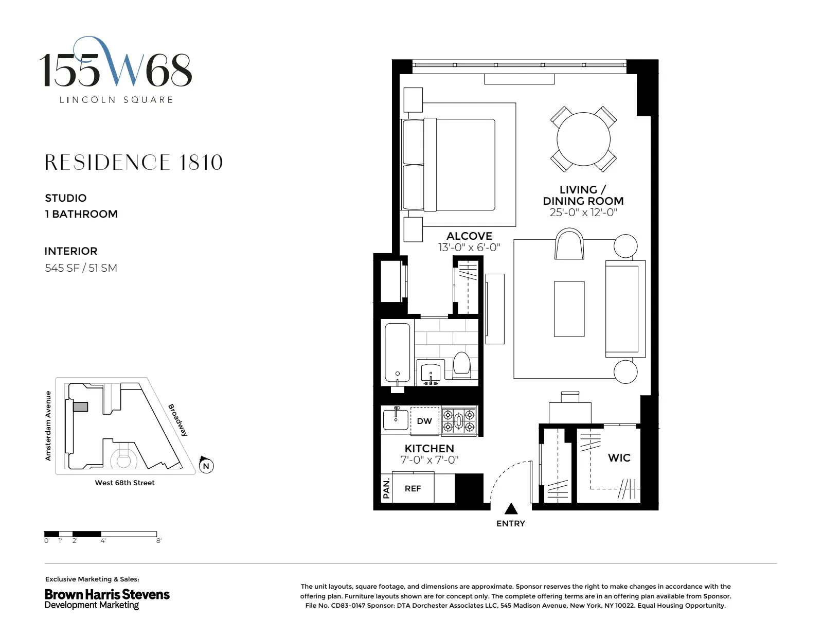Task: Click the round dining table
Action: click(x=583, y=139)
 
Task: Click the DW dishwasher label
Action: click(x=424, y=421)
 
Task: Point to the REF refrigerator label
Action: click(x=413, y=488)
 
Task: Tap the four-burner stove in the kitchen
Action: click(x=459, y=421)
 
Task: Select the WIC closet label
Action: click(x=619, y=457)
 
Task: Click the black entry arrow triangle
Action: click(x=511, y=509)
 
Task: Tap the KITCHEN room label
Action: click(x=429, y=448)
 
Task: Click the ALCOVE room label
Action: click(x=469, y=236)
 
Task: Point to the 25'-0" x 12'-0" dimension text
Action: click(x=583, y=213)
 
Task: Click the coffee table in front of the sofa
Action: click(x=569, y=309)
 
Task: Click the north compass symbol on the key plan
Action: click(x=206, y=465)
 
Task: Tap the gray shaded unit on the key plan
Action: click(x=80, y=407)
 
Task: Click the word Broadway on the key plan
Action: click(x=178, y=420)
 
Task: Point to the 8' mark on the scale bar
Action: click(x=158, y=541)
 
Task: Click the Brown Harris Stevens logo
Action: click(x=107, y=598)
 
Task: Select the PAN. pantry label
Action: click(x=386, y=488)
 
